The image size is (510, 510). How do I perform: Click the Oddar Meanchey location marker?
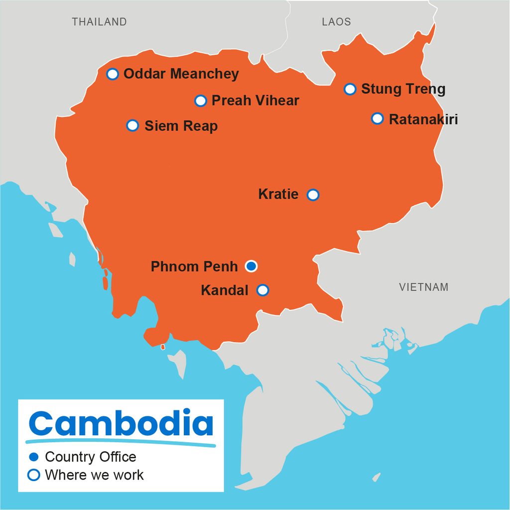(113, 74)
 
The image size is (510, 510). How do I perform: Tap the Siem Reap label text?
(181, 126)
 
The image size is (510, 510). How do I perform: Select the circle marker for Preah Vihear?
(200, 101)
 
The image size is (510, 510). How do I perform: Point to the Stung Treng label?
(403, 89)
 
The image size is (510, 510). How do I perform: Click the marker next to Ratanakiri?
(378, 119)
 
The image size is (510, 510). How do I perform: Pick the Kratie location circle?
(313, 195)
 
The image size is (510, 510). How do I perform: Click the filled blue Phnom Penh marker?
(252, 266)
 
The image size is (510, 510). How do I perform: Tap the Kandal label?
(224, 290)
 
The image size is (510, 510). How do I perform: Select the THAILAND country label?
(99, 22)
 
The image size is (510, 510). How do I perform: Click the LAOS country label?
(336, 22)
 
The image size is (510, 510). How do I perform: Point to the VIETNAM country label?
(423, 287)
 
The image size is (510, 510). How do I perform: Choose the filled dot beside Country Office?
(34, 457)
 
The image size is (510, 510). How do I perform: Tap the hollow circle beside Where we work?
(34, 475)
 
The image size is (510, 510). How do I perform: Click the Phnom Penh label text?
(194, 266)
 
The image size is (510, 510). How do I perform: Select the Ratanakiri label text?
(423, 120)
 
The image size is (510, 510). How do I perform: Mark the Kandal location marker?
(263, 290)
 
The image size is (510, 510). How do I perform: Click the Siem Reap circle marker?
(132, 125)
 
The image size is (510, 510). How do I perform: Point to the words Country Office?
(90, 457)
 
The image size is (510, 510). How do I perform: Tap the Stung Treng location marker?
(350, 89)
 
